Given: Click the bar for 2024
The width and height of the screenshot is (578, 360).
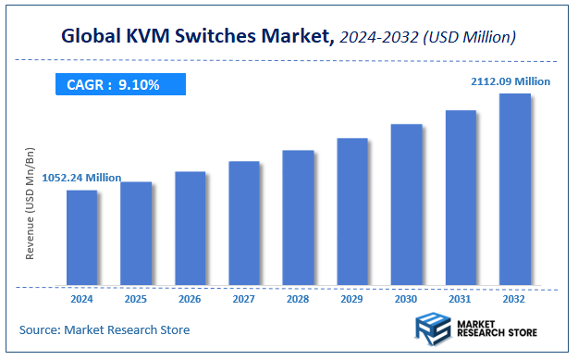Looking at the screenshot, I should coord(81,237).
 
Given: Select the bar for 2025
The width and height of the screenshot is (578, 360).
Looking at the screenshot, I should coord(136,233).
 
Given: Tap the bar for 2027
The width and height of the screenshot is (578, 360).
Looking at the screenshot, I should coord(244,223).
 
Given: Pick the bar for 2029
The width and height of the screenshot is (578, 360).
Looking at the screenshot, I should coord(352,211).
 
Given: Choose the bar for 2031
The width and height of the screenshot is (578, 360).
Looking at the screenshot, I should coord(461,197).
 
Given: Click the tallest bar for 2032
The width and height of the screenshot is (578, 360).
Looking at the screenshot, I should coord(515,189).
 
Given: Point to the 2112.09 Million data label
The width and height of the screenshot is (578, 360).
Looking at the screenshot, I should coord(510,81).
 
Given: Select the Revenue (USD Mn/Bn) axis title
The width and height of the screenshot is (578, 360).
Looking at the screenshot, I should coord(30,203).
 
